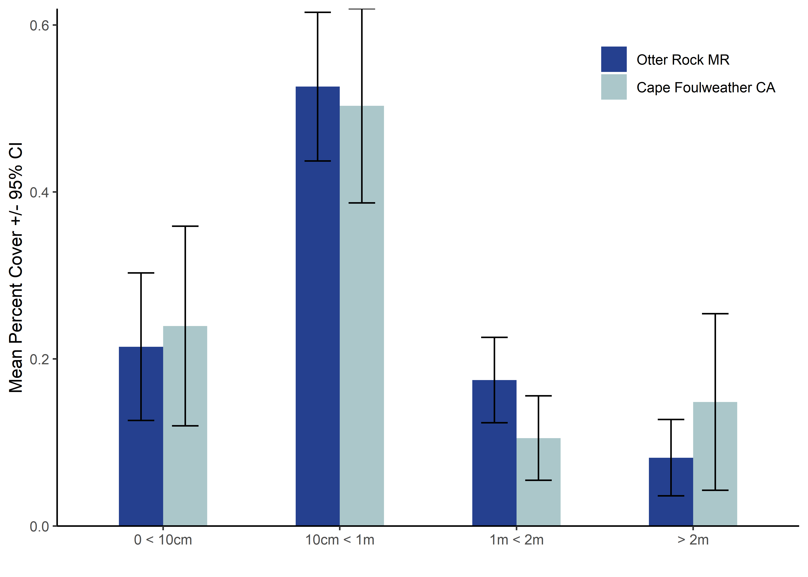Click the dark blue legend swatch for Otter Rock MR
pos(614,59)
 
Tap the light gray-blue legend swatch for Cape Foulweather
pos(614,87)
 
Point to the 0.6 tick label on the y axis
pos(39,26)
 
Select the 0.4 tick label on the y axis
pos(39,193)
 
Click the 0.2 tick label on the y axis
pos(39,359)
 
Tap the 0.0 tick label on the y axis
pos(39,526)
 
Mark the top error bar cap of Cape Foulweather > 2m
pos(715,314)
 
